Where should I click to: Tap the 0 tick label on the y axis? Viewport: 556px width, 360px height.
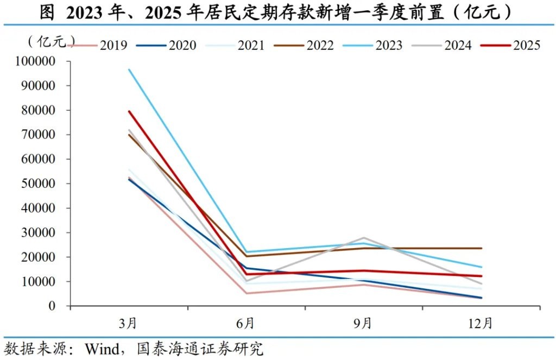pos(53,306)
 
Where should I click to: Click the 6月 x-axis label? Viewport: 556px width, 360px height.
pos(246,324)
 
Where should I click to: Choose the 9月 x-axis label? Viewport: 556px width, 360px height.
pos(363,324)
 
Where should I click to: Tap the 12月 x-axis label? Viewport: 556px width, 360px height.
pos(481,324)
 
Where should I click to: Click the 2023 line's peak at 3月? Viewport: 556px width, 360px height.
pos(129,70)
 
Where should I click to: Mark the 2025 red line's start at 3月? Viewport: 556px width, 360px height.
pos(129,111)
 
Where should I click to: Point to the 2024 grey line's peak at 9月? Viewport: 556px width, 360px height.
pos(363,238)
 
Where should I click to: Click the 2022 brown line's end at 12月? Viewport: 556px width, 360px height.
pos(481,248)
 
